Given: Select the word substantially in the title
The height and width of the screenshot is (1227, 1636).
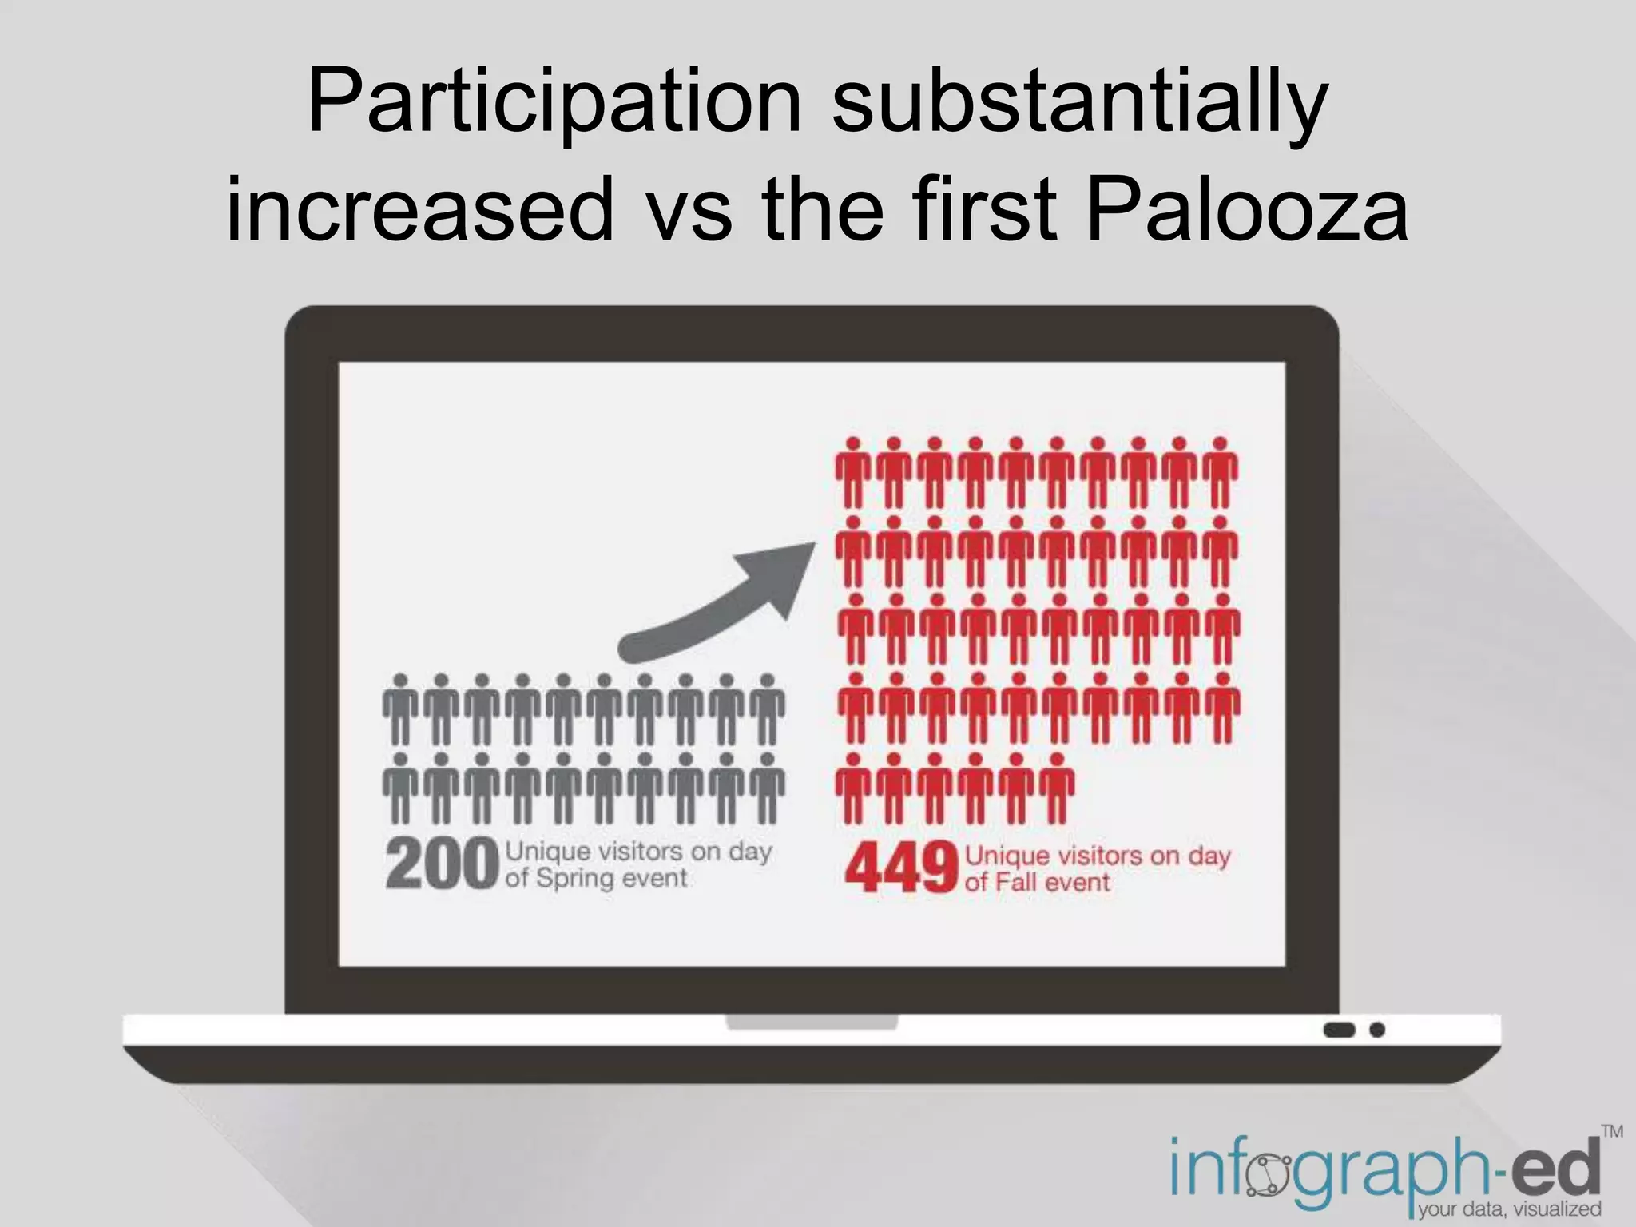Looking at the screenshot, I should [x=1080, y=102].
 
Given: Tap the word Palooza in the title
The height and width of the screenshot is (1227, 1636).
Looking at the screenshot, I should [x=1247, y=209].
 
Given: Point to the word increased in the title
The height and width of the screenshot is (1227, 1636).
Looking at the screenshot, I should [x=420, y=209].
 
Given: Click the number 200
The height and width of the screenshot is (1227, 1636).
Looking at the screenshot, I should [x=442, y=864].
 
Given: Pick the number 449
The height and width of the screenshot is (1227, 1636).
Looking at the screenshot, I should [x=901, y=868].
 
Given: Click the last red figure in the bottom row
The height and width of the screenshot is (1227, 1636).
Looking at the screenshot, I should [x=1057, y=788].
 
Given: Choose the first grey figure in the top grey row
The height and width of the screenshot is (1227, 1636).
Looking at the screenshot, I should [x=401, y=709].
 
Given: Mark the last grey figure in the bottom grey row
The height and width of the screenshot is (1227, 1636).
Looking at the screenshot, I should [x=768, y=788].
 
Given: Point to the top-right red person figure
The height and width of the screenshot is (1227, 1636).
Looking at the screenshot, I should [x=1220, y=472].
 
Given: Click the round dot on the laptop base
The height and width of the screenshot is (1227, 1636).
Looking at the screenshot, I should [x=1377, y=1030].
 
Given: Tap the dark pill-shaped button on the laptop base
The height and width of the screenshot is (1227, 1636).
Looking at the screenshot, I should [x=1339, y=1030].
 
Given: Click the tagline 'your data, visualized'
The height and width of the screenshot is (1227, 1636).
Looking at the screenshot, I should [x=1509, y=1209].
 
